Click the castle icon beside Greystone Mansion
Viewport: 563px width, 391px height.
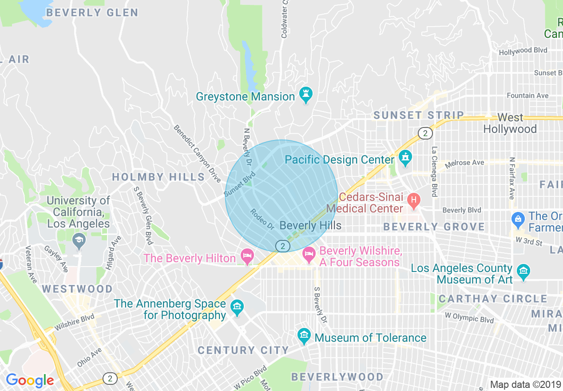305,94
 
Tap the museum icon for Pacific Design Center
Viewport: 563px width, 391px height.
405,157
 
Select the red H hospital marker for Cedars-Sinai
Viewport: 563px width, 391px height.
414,201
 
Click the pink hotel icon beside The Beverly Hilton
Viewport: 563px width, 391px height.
246,256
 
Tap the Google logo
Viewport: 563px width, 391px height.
30,380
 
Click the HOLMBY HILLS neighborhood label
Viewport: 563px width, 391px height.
158,177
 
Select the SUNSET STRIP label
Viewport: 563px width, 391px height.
418,116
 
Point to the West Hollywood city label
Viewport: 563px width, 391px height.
510,124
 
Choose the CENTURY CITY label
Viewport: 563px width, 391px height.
243,350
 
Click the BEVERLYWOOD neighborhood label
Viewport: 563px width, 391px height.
337,377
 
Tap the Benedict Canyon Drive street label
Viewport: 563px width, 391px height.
197,154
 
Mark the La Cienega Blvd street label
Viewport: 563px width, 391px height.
434,172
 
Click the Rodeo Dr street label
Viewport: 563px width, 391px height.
262,219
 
